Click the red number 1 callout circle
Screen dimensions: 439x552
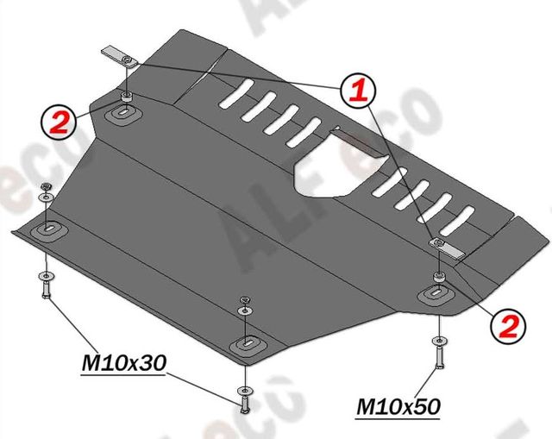(357, 91)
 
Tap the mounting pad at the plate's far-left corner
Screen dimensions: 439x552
(47, 229)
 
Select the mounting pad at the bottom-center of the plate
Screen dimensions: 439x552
(245, 344)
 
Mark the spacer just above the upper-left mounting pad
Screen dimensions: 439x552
(127, 94)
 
